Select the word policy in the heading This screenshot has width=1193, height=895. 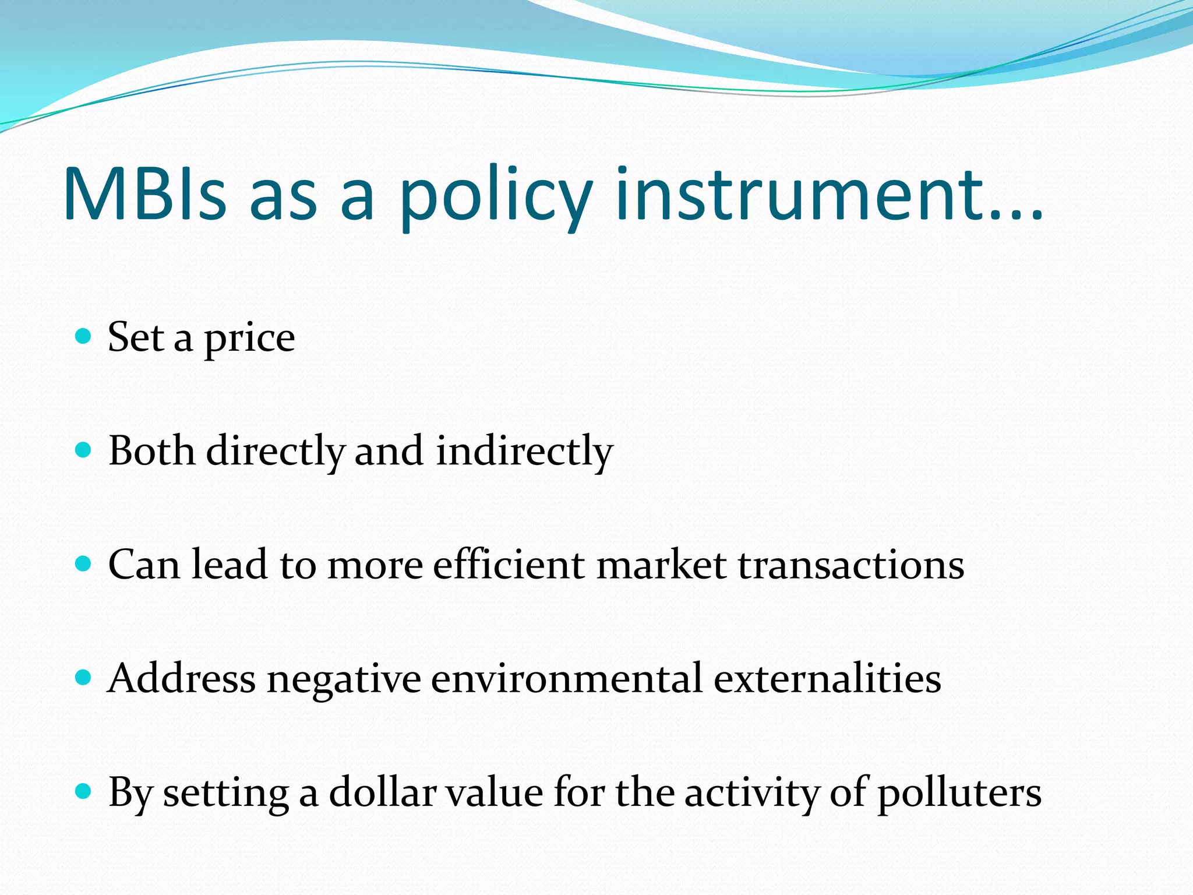[x=495, y=198]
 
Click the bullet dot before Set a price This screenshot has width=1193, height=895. [x=84, y=336]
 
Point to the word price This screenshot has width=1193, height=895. [x=249, y=340]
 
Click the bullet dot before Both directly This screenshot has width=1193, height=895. [x=84, y=450]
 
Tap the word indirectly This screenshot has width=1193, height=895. [x=524, y=452]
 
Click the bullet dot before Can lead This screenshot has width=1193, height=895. [x=84, y=563]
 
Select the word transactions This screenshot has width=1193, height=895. [x=851, y=565]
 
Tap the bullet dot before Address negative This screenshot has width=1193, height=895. [x=84, y=677]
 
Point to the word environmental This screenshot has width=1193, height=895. [x=566, y=679]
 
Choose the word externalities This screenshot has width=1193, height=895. [x=827, y=679]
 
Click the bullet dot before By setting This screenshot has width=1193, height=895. [x=84, y=791]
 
